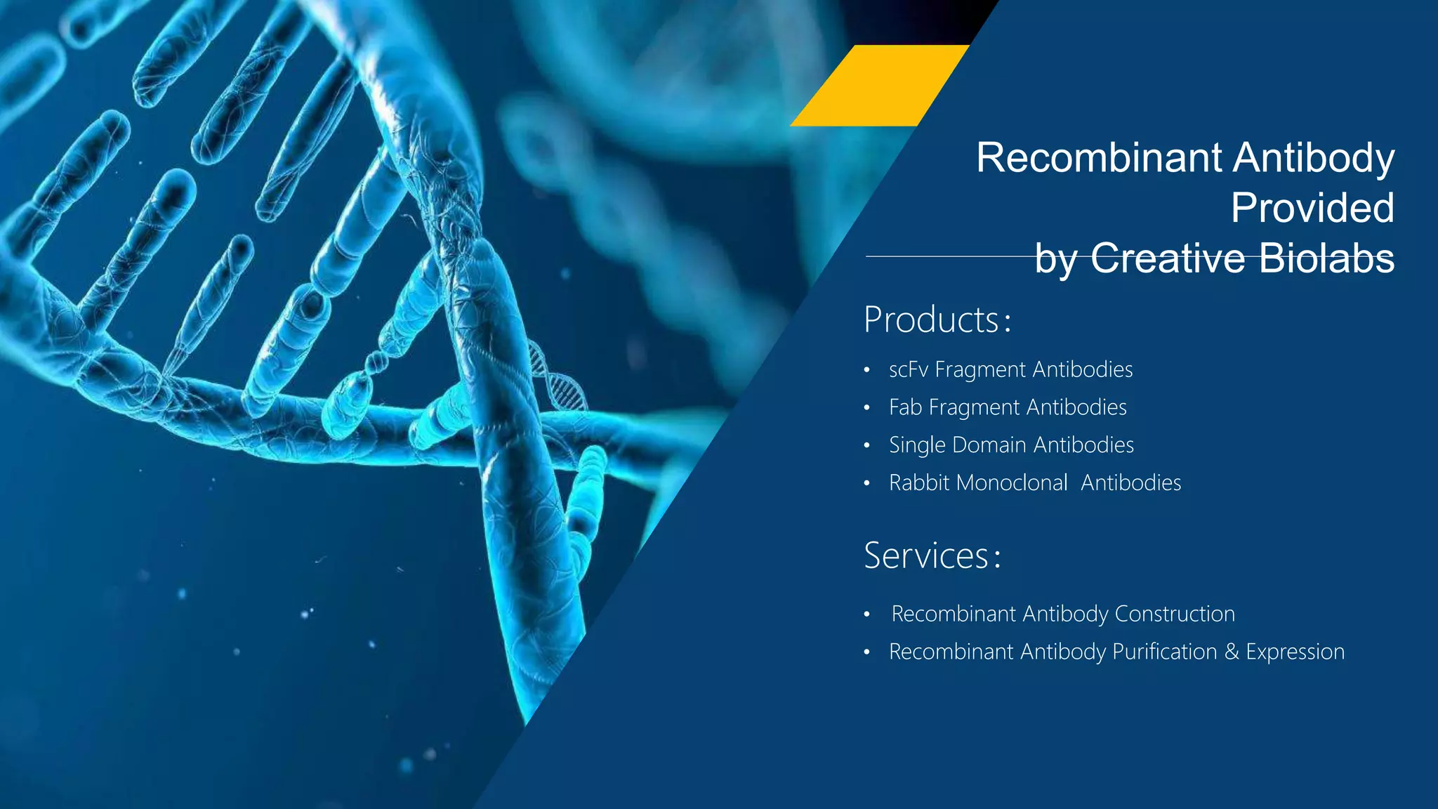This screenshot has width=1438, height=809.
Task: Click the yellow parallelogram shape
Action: [x=880, y=86]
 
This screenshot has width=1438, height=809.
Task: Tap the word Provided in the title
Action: [x=1312, y=208]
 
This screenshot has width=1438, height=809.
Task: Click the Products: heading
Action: [x=937, y=320]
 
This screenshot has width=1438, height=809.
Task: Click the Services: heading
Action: [x=932, y=556]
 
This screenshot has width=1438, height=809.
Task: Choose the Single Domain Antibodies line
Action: [x=1011, y=445]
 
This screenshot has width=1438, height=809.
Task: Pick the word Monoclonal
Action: [x=1011, y=483]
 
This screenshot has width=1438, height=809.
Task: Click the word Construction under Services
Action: [x=1174, y=614]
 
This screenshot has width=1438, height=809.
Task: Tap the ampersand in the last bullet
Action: [x=1232, y=652]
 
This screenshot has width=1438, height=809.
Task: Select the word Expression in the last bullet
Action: [x=1295, y=652]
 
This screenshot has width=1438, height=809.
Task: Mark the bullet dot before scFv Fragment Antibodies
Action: [x=867, y=370]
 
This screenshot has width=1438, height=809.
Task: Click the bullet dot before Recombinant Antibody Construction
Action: [x=867, y=614]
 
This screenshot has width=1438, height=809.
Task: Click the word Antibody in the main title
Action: [x=1313, y=157]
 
